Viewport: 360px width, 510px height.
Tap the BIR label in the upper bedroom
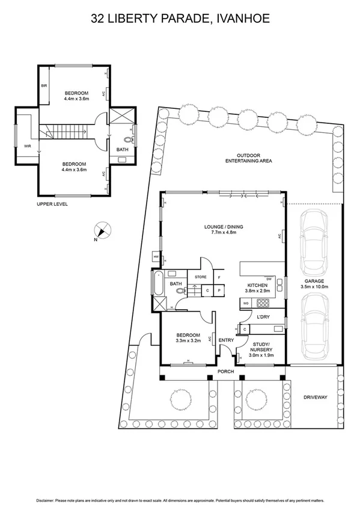pos(44,86)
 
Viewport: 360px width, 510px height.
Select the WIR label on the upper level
pos(27,146)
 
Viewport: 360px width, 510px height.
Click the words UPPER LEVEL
pos(52,204)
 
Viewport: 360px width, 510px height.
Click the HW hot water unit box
pos(156,257)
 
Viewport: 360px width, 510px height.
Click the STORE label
pos(200,277)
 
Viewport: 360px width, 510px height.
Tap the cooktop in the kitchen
pos(263,303)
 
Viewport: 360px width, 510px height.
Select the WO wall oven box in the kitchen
pos(246,303)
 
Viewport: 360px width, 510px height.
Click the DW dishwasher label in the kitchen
pos(269,278)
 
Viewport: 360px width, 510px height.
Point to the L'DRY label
pos(263,316)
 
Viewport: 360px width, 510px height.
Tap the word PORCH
pos(225,371)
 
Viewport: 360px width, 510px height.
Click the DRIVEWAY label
pos(314,398)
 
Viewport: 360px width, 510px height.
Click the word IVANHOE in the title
pos(240,19)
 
